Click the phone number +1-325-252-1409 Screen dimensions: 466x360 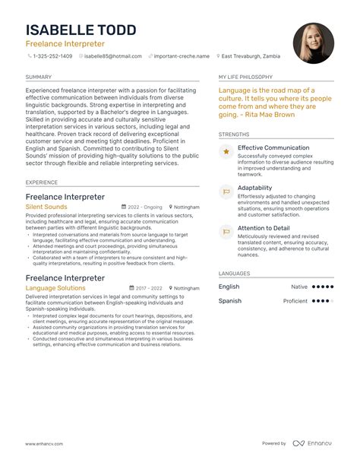point(53,56)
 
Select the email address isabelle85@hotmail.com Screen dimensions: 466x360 point(113,56)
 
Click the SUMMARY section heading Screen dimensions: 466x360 point(39,77)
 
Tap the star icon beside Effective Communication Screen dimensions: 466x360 point(226,152)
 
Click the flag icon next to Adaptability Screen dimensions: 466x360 point(226,192)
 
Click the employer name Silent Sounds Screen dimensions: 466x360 point(46,207)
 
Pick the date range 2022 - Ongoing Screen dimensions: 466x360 point(144,207)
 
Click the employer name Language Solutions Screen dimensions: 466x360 point(55,288)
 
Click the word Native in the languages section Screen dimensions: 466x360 point(299,287)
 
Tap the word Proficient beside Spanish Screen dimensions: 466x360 point(295,301)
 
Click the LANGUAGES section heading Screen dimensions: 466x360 point(235,272)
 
